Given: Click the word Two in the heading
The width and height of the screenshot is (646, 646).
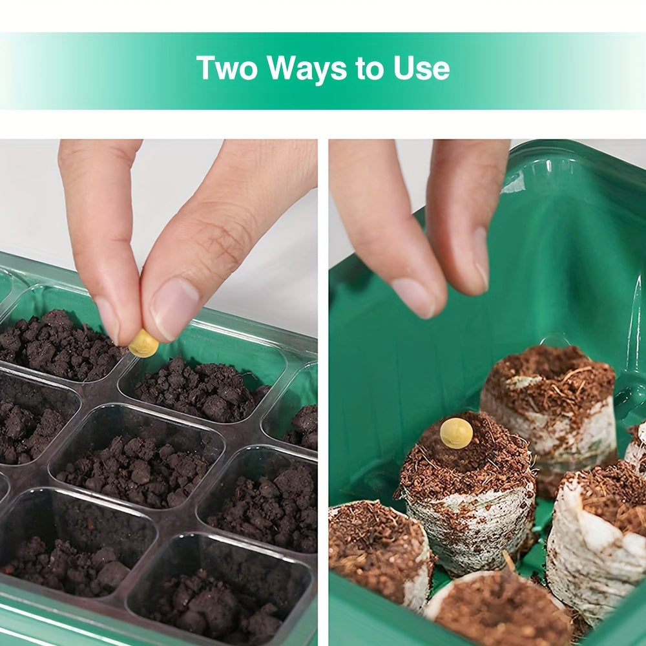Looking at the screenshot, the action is pyautogui.click(x=227, y=68).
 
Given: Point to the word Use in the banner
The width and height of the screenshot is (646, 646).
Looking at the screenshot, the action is pyautogui.click(x=421, y=68).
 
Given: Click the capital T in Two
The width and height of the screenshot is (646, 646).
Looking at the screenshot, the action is pyautogui.click(x=206, y=68).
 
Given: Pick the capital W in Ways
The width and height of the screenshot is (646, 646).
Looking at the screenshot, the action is pyautogui.click(x=283, y=68).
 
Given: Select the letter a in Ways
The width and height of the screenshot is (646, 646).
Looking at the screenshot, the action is pyautogui.click(x=307, y=71).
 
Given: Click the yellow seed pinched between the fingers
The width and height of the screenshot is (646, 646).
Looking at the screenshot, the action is pyautogui.click(x=144, y=343).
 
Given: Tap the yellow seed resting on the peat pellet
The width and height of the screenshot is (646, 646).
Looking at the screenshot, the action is pyautogui.click(x=456, y=433).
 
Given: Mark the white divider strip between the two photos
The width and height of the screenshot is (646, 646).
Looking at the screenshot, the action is pyautogui.click(x=323, y=392).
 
